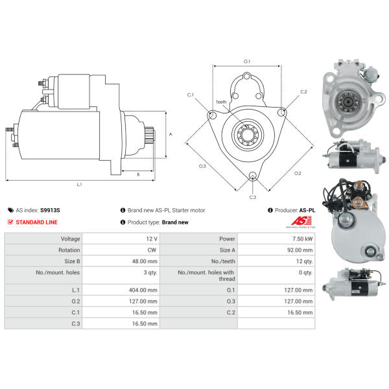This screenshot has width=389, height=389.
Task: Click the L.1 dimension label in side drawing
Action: pos(79,185)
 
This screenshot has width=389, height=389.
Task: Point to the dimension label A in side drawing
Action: pos(170,134)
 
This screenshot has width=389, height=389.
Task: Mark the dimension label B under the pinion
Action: pos(138,174)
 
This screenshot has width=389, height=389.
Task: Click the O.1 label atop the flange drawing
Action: pos(246,62)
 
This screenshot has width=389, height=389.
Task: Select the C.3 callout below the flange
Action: pos(252,197)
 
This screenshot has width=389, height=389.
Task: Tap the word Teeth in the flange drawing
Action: pos(222,102)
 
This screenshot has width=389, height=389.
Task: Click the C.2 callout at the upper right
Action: pos(303,92)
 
